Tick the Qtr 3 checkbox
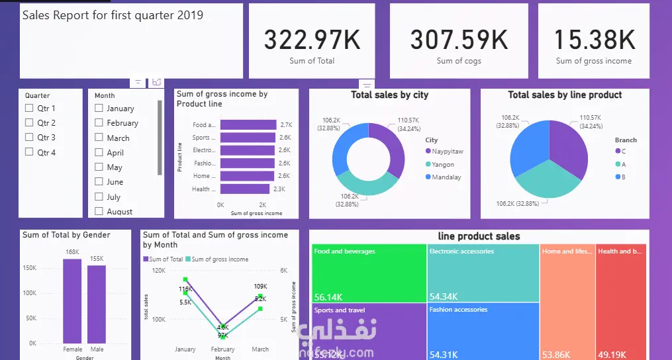click(29, 138)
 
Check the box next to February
click(99, 123)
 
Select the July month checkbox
click(99, 197)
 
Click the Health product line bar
click(246, 189)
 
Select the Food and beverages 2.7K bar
click(248, 124)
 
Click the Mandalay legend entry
click(446, 177)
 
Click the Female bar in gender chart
click(72, 300)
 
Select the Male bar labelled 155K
click(97, 304)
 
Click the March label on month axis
click(260, 349)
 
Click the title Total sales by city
click(389, 95)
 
